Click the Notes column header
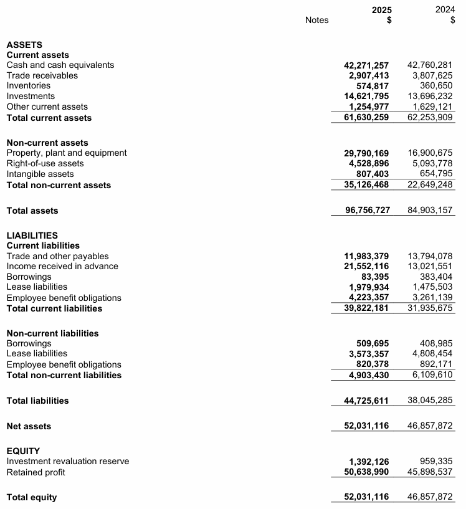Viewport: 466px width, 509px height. (x=316, y=20)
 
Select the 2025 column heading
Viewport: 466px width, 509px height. (x=381, y=10)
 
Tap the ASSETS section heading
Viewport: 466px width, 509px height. (x=24, y=45)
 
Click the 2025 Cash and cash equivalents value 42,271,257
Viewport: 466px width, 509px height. (x=366, y=65)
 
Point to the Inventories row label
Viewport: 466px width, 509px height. (x=29, y=85)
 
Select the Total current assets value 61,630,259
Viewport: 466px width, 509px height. (x=366, y=118)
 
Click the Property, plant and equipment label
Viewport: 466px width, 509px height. (x=67, y=153)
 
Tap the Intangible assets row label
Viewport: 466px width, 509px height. (x=40, y=174)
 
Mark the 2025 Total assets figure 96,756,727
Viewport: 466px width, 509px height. (x=368, y=211)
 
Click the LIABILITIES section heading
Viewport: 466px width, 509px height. (x=32, y=235)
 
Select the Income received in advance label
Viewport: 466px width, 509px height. (x=62, y=266)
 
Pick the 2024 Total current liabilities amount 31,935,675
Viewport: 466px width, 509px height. (x=430, y=308)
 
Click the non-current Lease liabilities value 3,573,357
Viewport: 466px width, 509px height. (x=369, y=354)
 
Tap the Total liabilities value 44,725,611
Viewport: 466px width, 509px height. (x=366, y=401)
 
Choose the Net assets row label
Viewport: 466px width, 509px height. (x=29, y=426)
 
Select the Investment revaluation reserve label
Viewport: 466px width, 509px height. (x=68, y=461)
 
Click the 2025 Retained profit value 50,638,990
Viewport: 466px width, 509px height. (x=366, y=472)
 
